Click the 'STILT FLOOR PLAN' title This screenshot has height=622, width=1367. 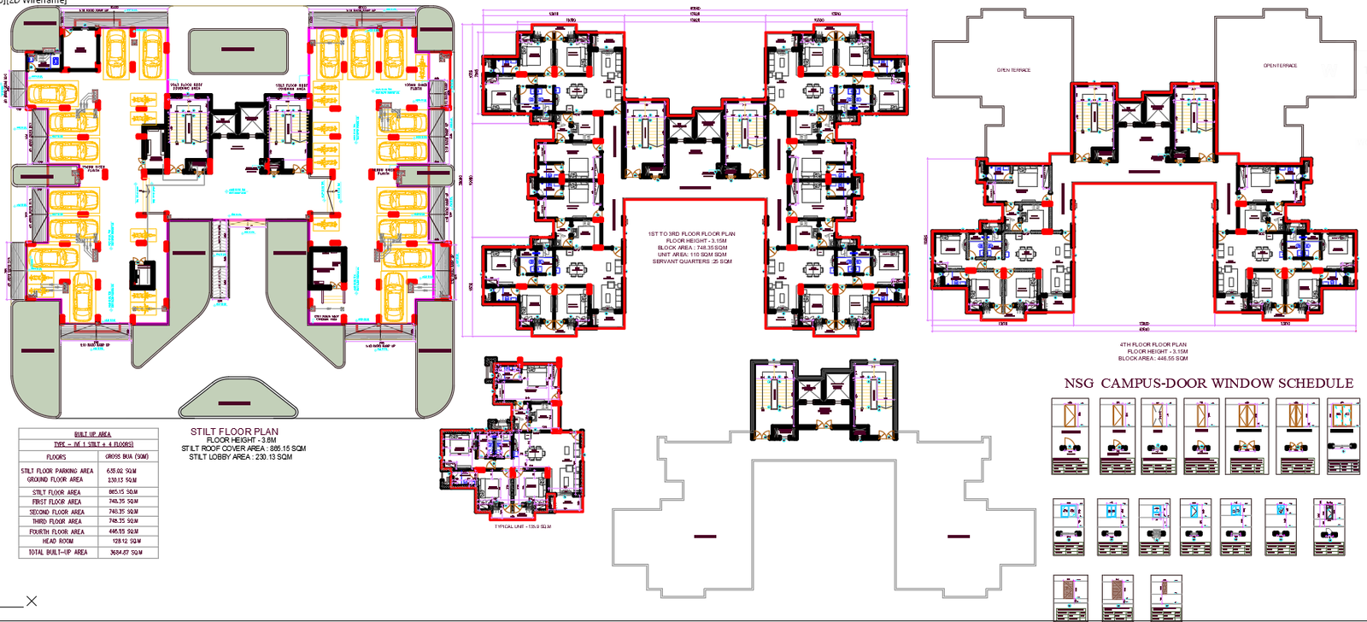pos(234,431)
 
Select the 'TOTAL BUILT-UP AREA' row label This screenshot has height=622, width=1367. pos(57,552)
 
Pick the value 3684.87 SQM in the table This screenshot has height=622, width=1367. pos(126,552)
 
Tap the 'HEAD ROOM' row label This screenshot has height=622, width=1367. pos(57,541)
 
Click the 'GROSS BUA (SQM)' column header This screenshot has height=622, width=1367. pos(126,456)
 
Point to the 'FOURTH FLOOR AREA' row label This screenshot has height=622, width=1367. pos(57,531)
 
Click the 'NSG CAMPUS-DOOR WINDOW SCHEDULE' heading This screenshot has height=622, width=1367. pos(1208,383)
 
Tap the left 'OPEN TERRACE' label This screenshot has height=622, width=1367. pos(1013,70)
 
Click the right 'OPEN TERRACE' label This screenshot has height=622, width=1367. pos(1280,66)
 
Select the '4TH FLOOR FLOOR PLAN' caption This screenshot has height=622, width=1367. pos(1153,344)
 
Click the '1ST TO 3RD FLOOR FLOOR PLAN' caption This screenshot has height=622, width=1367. pos(691,233)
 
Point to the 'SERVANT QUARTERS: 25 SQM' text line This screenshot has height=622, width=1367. pos(691,261)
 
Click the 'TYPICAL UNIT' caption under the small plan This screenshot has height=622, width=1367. pos(522,526)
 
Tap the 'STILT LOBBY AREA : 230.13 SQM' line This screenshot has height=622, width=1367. pos(240,457)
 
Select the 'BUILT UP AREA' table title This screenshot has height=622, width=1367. pos(92,434)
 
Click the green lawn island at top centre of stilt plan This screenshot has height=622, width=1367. pos(238,50)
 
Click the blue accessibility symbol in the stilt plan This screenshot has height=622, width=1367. pos(56,62)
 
